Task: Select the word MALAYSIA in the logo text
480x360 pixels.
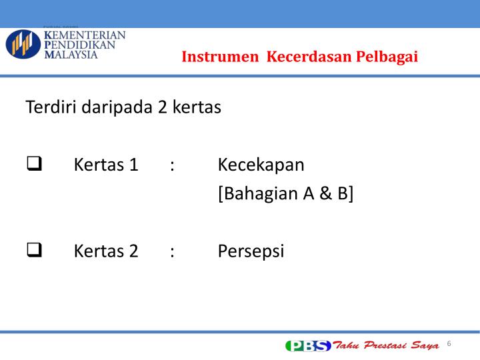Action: click(x=71, y=55)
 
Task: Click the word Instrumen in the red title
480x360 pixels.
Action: click(x=221, y=57)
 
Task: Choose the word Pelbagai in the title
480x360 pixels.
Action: click(x=387, y=57)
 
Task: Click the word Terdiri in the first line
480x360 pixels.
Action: click(x=51, y=107)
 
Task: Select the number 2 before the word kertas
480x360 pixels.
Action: click(x=163, y=107)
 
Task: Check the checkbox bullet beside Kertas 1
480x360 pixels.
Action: click(x=34, y=165)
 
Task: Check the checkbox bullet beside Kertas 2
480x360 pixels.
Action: click(x=34, y=251)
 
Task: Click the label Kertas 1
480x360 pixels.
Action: click(x=106, y=165)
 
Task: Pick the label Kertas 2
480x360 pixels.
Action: click(x=106, y=251)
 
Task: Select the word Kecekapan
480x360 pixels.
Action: click(x=261, y=165)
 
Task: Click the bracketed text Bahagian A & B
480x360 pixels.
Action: click(x=285, y=194)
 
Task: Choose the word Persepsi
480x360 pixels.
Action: click(x=251, y=251)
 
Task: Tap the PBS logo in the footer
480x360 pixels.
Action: click(x=308, y=345)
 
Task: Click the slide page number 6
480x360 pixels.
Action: click(x=449, y=343)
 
